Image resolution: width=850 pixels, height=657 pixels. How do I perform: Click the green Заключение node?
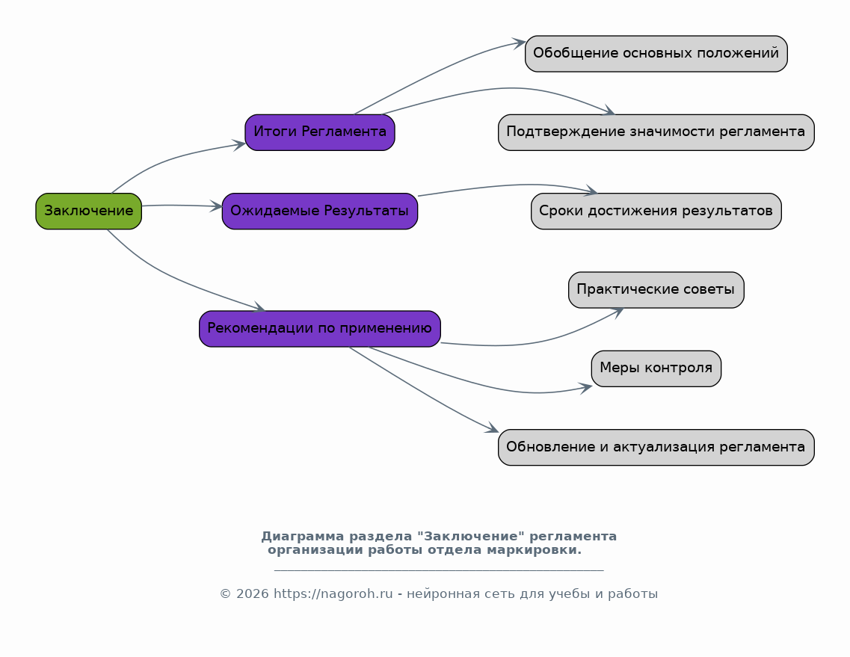[88, 211]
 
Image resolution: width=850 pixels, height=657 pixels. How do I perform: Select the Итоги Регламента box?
[320, 132]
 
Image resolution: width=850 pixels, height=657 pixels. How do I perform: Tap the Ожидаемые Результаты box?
[320, 211]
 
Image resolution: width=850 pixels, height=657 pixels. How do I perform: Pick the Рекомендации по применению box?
[320, 329]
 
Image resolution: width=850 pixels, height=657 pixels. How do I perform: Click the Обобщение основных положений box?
[656, 54]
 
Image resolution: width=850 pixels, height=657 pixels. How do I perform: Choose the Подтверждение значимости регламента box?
[656, 132]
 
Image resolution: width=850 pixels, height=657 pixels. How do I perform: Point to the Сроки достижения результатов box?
[656, 211]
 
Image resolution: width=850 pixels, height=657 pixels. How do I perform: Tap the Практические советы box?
[656, 290]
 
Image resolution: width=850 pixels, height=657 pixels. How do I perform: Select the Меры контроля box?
[656, 368]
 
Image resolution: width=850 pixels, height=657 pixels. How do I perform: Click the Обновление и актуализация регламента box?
[656, 447]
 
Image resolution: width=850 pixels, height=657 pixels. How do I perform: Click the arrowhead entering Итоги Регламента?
[239, 145]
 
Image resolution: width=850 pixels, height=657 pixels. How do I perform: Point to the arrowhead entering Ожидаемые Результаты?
[216, 206]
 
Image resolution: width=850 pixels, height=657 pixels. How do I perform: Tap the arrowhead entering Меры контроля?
[585, 388]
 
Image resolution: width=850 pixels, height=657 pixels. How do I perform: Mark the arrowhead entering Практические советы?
[617, 312]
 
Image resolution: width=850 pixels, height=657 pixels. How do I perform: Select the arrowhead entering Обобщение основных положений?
[519, 43]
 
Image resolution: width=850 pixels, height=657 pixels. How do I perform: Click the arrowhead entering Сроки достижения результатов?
[591, 191]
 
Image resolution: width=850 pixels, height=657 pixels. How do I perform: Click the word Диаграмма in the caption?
[303, 536]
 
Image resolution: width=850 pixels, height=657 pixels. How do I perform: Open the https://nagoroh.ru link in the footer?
[333, 593]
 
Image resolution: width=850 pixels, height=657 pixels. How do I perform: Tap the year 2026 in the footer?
[252, 593]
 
